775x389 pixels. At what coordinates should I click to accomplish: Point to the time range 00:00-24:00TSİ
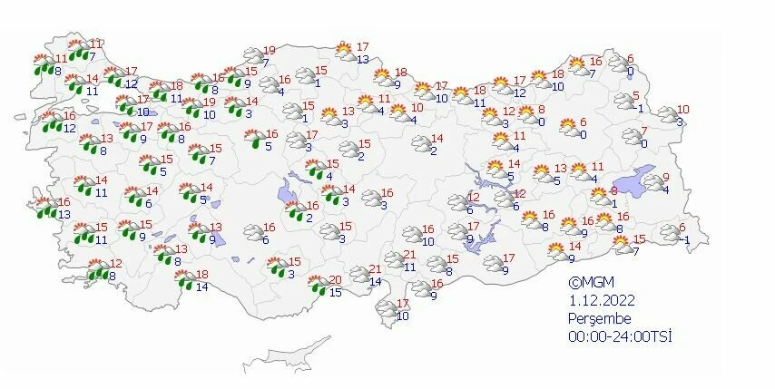click(619, 336)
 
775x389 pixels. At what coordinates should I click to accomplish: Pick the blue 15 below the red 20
click(335, 292)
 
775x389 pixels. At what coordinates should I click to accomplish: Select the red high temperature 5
click(636, 95)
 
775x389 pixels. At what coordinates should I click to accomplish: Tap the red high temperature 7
click(643, 131)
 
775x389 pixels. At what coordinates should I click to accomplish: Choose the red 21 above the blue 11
click(408, 254)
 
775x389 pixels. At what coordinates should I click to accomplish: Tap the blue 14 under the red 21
click(375, 282)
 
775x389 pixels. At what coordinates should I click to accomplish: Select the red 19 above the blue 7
click(269, 50)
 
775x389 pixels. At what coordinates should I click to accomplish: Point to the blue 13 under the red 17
click(361, 59)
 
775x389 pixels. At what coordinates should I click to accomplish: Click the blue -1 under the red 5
click(639, 109)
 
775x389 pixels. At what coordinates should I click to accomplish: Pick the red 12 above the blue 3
click(509, 111)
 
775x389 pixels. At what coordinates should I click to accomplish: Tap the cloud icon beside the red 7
click(629, 138)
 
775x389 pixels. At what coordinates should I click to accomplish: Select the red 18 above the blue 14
click(202, 275)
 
